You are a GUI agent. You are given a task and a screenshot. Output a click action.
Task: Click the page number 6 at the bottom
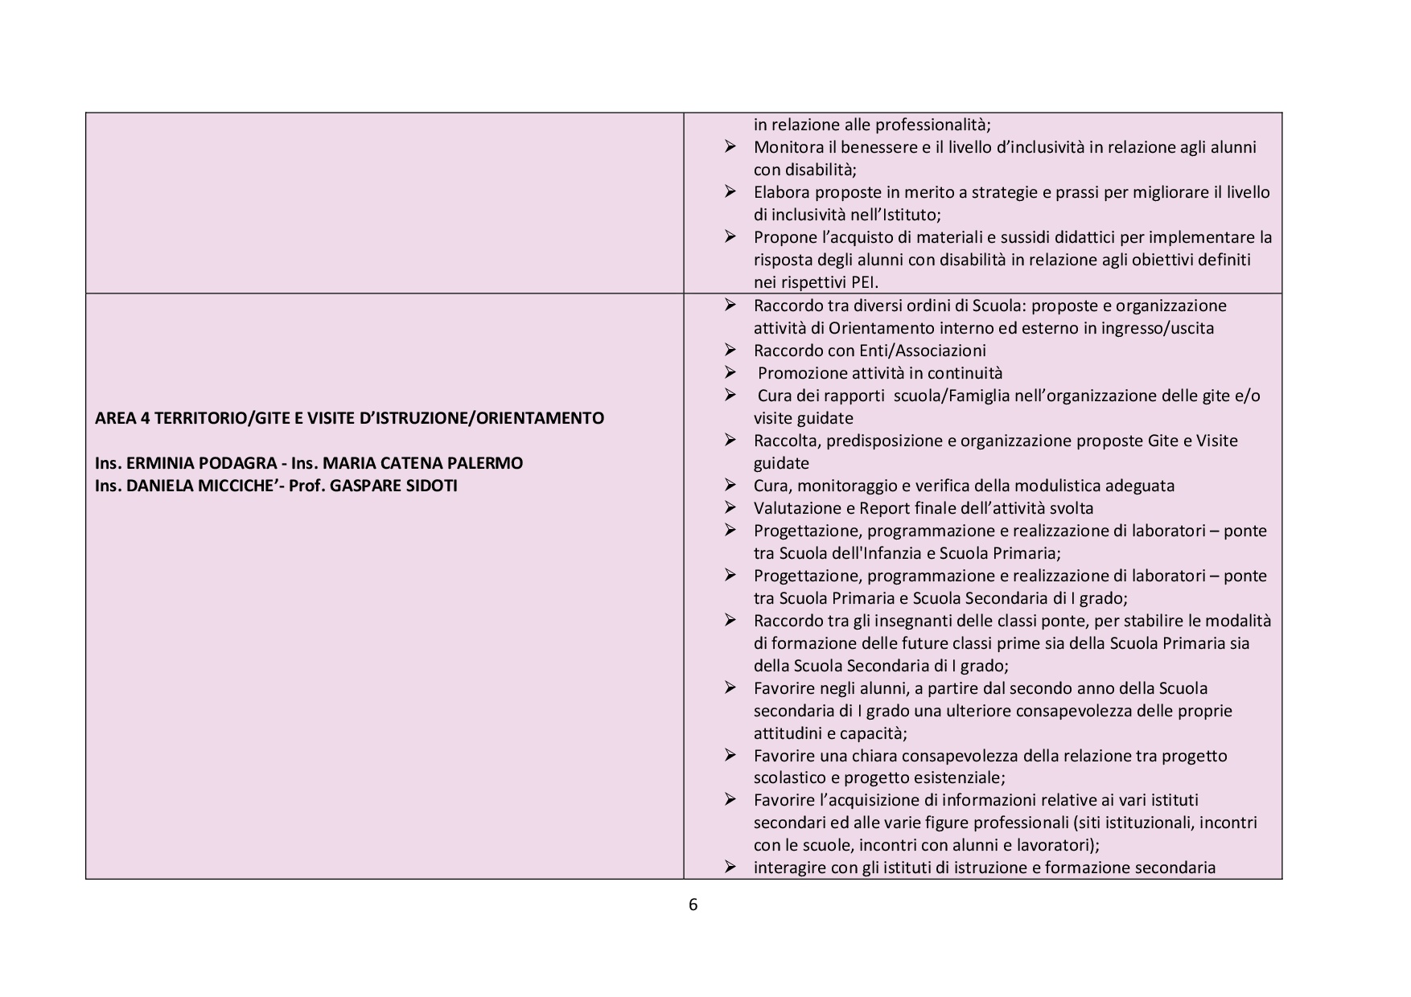point(693,905)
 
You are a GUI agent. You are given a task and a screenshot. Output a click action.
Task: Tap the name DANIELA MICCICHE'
point(200,486)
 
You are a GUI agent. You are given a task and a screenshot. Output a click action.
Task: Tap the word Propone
point(784,237)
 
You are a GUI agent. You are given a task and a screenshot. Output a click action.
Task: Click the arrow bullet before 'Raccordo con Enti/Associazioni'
point(730,350)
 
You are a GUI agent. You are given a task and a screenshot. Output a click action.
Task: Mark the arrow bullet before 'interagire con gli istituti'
point(730,867)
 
